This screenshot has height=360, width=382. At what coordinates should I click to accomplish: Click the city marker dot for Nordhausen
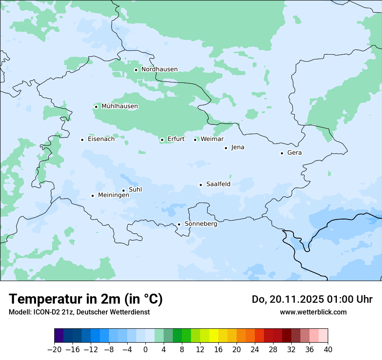coord(136,70)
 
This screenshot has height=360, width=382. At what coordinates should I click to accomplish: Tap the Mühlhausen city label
coord(119,106)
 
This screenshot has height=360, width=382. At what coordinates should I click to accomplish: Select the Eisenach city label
coord(101,139)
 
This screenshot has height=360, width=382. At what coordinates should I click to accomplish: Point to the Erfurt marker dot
coord(162,140)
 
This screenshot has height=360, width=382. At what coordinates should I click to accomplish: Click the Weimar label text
coord(212,139)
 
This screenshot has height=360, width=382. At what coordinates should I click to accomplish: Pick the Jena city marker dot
coord(226,148)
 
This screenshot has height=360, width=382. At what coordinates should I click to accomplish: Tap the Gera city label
coord(294,153)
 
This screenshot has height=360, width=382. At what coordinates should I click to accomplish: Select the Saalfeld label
coord(218,184)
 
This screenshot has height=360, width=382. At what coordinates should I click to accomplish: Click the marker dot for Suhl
coord(123,190)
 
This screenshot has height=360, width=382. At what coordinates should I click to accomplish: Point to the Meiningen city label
coord(113,196)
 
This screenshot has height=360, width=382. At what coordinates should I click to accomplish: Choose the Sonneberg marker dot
coord(179,224)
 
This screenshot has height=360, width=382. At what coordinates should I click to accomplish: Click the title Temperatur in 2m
coord(86,299)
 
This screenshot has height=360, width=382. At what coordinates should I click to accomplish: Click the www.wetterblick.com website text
coord(313,312)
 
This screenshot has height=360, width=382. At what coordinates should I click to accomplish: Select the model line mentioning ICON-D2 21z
coord(79,312)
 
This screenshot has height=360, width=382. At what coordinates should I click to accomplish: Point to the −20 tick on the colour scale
coord(54,350)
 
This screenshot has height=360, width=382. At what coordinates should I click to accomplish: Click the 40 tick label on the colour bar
coord(328,350)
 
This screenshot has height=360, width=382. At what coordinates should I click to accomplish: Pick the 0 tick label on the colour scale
coord(145,350)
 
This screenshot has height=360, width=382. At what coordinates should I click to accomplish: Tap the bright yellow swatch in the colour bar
coord(214,336)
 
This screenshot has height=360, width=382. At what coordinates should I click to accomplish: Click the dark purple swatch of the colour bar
coord(59,336)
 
